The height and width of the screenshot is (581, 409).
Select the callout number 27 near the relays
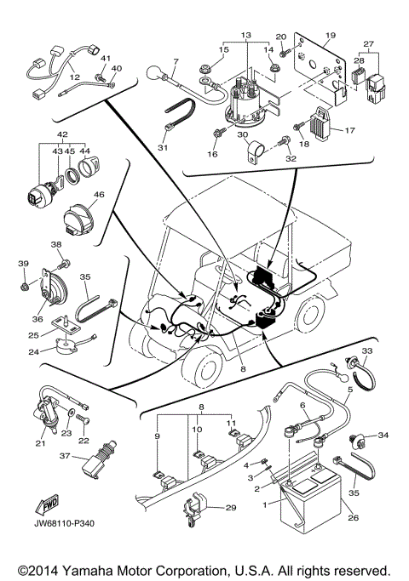[x=368, y=44]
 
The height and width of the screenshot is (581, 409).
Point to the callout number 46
[x=99, y=196]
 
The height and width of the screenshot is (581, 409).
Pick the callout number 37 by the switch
[x=62, y=455]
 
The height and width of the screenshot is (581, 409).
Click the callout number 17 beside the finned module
[x=348, y=129]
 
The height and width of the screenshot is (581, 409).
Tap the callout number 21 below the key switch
[x=40, y=442]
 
